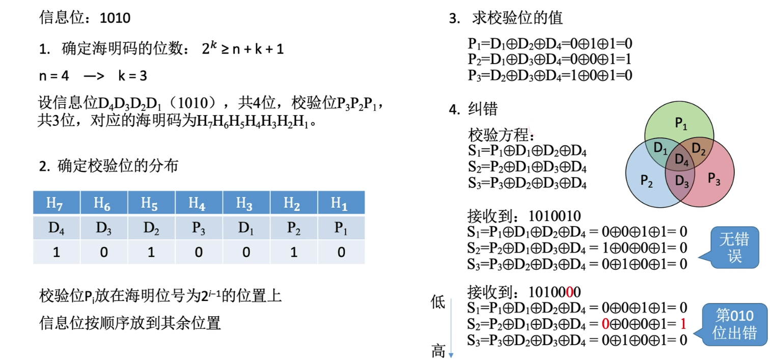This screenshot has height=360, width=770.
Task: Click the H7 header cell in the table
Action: coord(57,203)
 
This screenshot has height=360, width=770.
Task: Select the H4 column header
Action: coord(199,203)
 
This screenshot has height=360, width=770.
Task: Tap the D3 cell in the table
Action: coord(104,228)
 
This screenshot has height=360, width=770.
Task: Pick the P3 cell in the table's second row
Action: coord(199,228)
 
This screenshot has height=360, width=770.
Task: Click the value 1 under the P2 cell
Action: coord(294,252)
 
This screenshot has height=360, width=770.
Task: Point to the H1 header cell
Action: coord(341,203)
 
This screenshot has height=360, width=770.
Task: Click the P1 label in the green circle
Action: coord(681,123)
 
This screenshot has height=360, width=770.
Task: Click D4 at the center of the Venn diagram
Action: coord(681,159)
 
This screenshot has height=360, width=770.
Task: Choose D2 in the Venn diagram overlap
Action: coord(699,149)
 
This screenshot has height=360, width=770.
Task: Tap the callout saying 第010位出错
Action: coord(734,324)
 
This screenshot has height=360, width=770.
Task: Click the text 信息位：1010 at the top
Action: coord(85,18)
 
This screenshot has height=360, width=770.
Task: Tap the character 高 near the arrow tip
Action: coord(438,350)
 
